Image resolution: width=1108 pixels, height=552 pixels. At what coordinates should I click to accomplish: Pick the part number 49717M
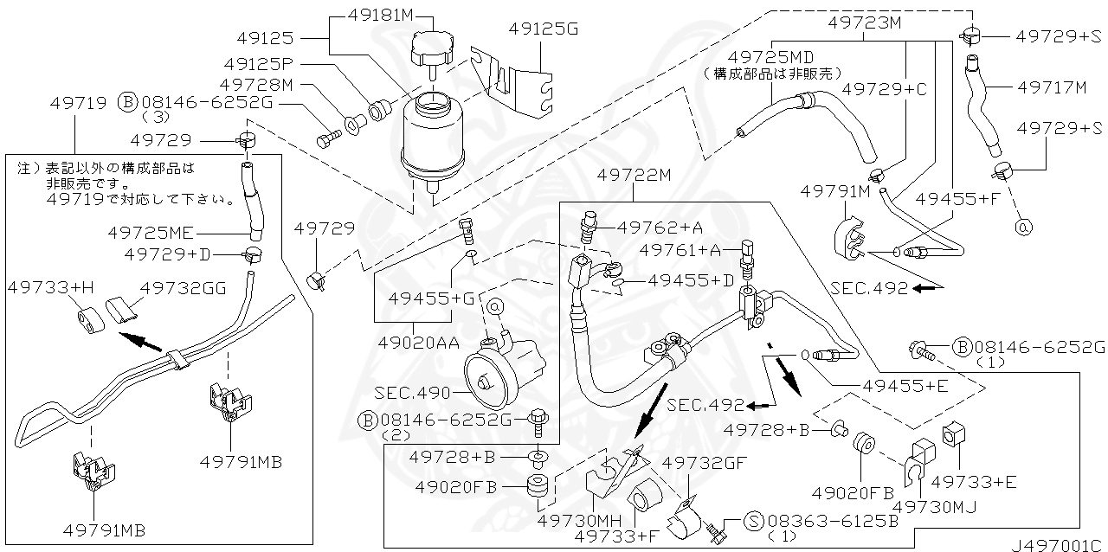tap(1052, 87)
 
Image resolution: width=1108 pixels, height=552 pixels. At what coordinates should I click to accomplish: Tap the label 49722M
tap(634, 176)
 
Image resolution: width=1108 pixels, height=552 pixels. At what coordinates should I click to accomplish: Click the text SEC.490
tap(411, 393)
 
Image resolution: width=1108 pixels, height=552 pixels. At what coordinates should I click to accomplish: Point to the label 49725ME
tap(152, 232)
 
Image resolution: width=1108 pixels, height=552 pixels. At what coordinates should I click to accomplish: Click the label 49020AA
tap(419, 343)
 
